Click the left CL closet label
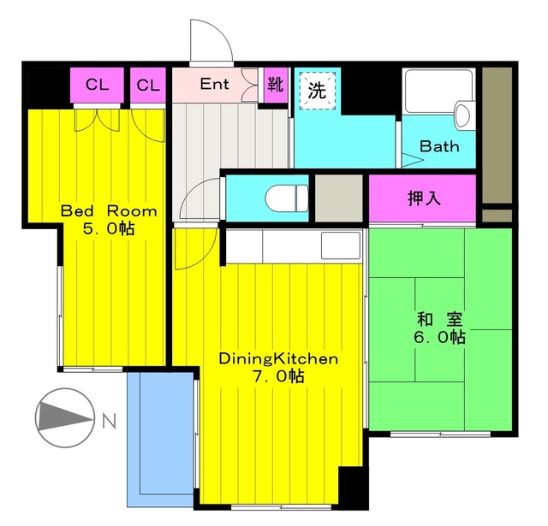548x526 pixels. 97,86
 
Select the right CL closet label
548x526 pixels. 148,86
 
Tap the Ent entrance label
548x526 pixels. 214,85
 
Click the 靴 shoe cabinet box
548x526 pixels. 275,85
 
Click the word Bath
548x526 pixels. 439,146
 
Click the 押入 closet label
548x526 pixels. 423,198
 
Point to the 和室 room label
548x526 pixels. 440,320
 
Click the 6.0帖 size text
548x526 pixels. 440,339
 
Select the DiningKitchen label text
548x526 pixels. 278,358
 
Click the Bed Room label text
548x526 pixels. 108,211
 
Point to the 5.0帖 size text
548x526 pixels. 108,230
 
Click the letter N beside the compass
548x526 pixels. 109,421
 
